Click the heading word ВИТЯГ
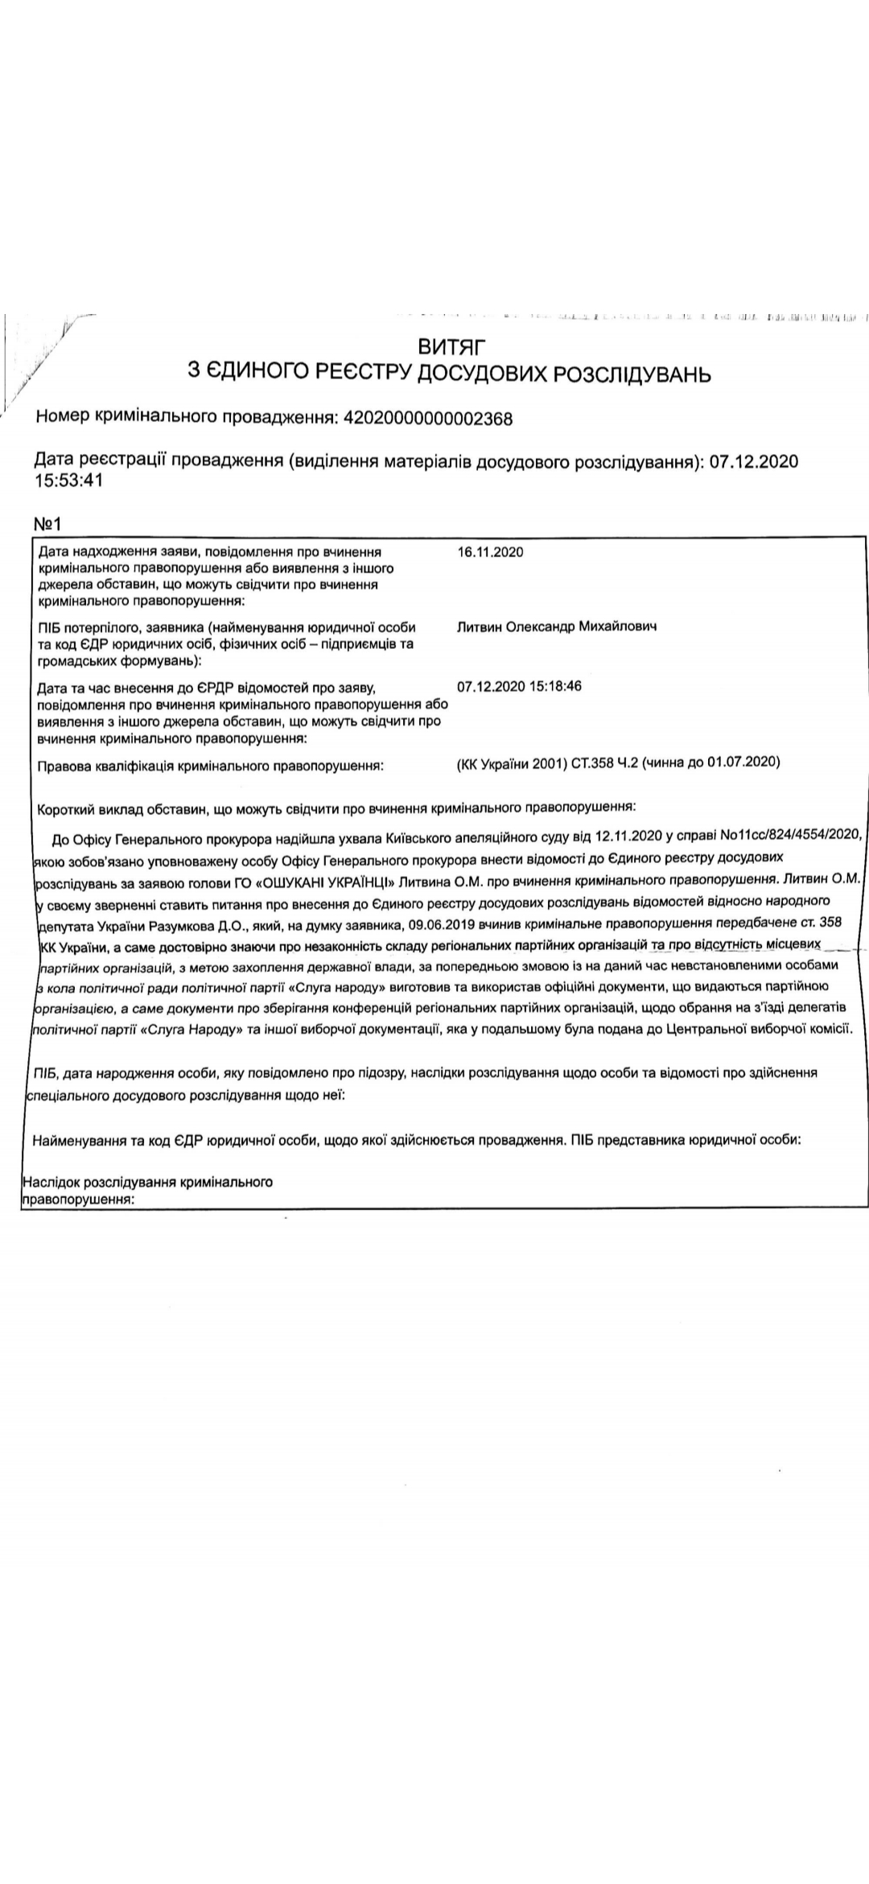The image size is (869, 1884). point(452,347)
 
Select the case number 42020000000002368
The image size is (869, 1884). point(427,418)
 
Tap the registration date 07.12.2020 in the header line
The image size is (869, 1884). point(754,461)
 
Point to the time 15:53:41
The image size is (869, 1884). point(68,481)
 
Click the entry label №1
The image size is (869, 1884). point(47,524)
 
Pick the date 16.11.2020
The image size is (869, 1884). point(490,552)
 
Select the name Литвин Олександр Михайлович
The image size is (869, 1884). point(556,626)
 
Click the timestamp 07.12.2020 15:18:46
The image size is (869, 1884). point(519,687)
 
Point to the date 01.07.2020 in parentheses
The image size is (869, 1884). point(741,762)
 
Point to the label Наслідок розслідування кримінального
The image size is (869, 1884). point(148,1183)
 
